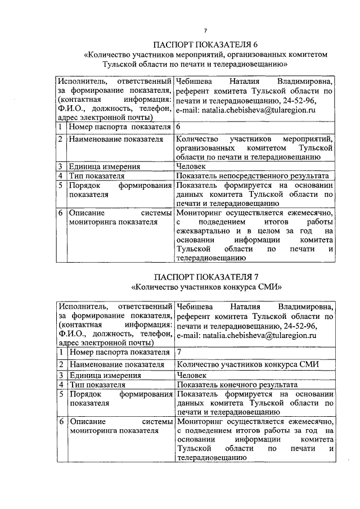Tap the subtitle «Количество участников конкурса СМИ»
click(x=205, y=286)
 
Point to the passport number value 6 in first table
click(x=178, y=127)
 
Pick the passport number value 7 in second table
click(x=178, y=352)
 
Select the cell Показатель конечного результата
click(x=237, y=385)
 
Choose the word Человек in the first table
click(x=191, y=166)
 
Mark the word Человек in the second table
click(x=191, y=375)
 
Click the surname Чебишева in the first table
click(x=194, y=82)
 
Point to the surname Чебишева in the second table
click(x=194, y=307)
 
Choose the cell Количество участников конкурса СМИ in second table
click(x=248, y=364)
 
